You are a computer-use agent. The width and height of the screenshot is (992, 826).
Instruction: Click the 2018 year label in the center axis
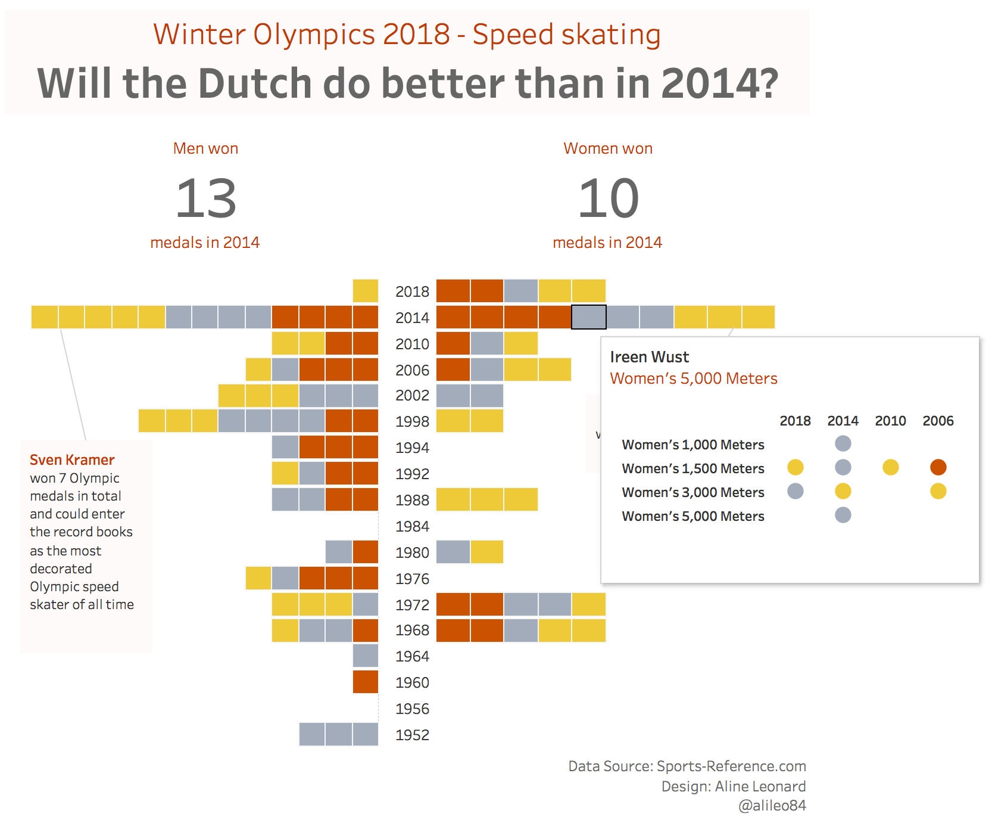412,291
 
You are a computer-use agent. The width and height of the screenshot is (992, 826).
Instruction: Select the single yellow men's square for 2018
366,291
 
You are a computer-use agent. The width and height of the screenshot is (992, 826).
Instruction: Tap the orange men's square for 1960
366,682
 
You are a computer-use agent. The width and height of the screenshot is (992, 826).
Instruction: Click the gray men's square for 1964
366,656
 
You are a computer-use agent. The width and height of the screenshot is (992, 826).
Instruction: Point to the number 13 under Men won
206,198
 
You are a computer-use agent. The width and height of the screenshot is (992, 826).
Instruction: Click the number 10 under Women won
608,198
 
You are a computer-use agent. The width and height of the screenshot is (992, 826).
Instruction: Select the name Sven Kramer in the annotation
72,460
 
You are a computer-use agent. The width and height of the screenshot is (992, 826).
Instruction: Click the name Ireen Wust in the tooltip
649,357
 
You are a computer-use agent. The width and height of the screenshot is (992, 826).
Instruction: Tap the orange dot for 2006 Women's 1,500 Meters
938,467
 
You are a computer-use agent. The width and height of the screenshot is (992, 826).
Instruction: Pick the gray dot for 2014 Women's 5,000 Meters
843,515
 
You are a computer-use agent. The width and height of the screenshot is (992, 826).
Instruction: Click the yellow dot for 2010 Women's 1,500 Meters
890,467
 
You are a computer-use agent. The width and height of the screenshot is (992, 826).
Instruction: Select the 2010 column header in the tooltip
890,421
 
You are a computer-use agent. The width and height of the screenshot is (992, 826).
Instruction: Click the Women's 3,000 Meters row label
692,492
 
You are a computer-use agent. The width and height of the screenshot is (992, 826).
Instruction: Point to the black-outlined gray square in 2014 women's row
589,317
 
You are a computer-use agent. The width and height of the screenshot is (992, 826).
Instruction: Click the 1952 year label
412,735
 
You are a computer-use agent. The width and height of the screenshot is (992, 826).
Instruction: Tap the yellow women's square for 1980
487,552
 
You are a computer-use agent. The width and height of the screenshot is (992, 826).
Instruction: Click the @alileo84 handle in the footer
772,806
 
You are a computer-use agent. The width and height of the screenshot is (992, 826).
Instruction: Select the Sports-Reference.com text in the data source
731,766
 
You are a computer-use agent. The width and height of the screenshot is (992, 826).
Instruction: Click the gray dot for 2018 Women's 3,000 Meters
795,491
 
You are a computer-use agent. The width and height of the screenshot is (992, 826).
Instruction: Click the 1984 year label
412,526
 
